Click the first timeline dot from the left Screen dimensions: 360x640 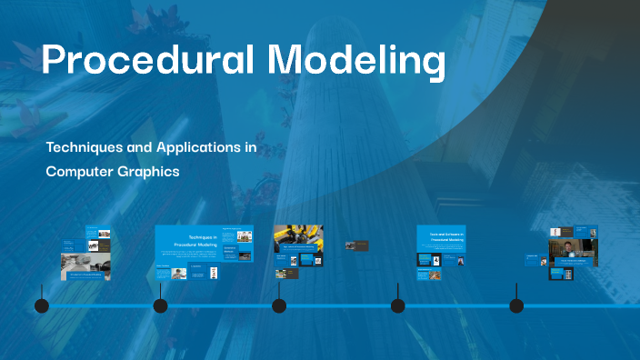[x=42, y=305]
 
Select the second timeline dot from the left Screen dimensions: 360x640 [x=160, y=305]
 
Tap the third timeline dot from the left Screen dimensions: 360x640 [x=279, y=305]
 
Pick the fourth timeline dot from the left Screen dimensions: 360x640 [x=397, y=305]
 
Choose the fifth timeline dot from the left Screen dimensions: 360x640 [x=516, y=305]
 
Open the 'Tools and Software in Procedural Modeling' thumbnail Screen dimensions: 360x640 [x=441, y=238]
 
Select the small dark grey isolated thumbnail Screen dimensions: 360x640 [x=356, y=245]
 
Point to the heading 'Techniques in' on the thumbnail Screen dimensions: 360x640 [x=195, y=235]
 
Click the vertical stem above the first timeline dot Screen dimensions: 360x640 [x=42, y=290]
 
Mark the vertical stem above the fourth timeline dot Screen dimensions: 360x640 [x=397, y=290]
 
